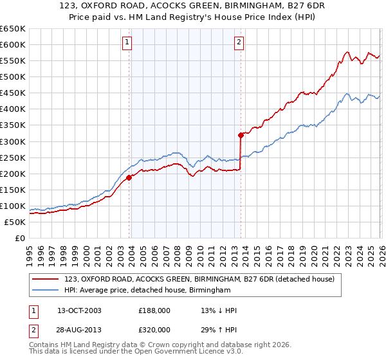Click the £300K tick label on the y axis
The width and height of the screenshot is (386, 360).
(12, 141)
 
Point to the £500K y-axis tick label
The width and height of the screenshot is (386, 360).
(12, 76)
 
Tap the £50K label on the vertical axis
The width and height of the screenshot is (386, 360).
(14, 222)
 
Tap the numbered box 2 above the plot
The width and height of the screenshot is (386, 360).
(239, 43)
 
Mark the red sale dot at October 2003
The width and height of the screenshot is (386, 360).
(129, 177)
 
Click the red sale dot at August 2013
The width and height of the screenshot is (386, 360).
(241, 135)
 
